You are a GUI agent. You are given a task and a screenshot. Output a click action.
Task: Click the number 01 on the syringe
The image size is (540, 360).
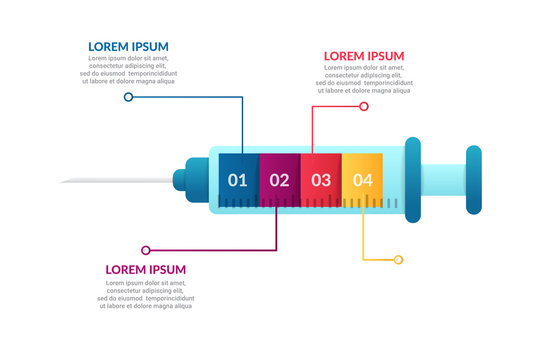point(237,181)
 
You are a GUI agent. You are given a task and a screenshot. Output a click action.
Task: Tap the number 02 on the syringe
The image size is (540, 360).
point(279,181)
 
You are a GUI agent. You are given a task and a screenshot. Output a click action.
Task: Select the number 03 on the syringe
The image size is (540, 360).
point(321,181)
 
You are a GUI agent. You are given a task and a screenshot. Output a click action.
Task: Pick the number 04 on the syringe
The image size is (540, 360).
point(362,181)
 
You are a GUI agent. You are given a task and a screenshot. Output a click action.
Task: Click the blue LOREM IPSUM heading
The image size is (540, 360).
point(128,46)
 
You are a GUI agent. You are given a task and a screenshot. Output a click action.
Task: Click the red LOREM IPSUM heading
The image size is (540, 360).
point(364,56)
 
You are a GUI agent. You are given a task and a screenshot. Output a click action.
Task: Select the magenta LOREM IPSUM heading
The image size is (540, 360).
point(146,269)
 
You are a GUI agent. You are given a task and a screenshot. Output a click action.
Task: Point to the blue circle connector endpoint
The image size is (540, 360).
point(128,97)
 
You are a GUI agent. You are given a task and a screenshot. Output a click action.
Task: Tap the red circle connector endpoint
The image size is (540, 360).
point(364,106)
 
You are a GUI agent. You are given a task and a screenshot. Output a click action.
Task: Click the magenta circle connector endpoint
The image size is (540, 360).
point(146,250)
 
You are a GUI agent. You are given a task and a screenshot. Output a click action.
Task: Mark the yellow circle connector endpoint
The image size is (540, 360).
point(398,260)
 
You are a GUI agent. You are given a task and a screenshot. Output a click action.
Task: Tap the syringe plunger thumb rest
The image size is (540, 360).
point(474,181)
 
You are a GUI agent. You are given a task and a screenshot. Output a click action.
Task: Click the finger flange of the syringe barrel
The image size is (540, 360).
point(412,181)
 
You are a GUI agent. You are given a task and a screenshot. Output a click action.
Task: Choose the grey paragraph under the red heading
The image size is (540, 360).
point(364,79)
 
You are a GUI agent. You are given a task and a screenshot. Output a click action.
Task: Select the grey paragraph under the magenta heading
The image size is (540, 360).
point(146,293)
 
